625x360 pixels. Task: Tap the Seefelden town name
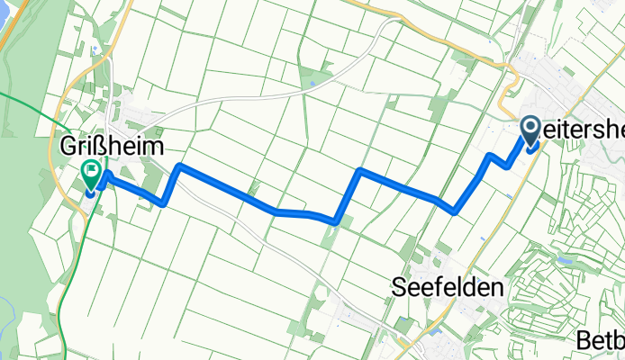click(447, 287)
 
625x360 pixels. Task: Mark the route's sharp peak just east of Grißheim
click(181, 166)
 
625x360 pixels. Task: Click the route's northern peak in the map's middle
click(360, 169)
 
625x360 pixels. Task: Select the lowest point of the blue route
click(335, 220)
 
